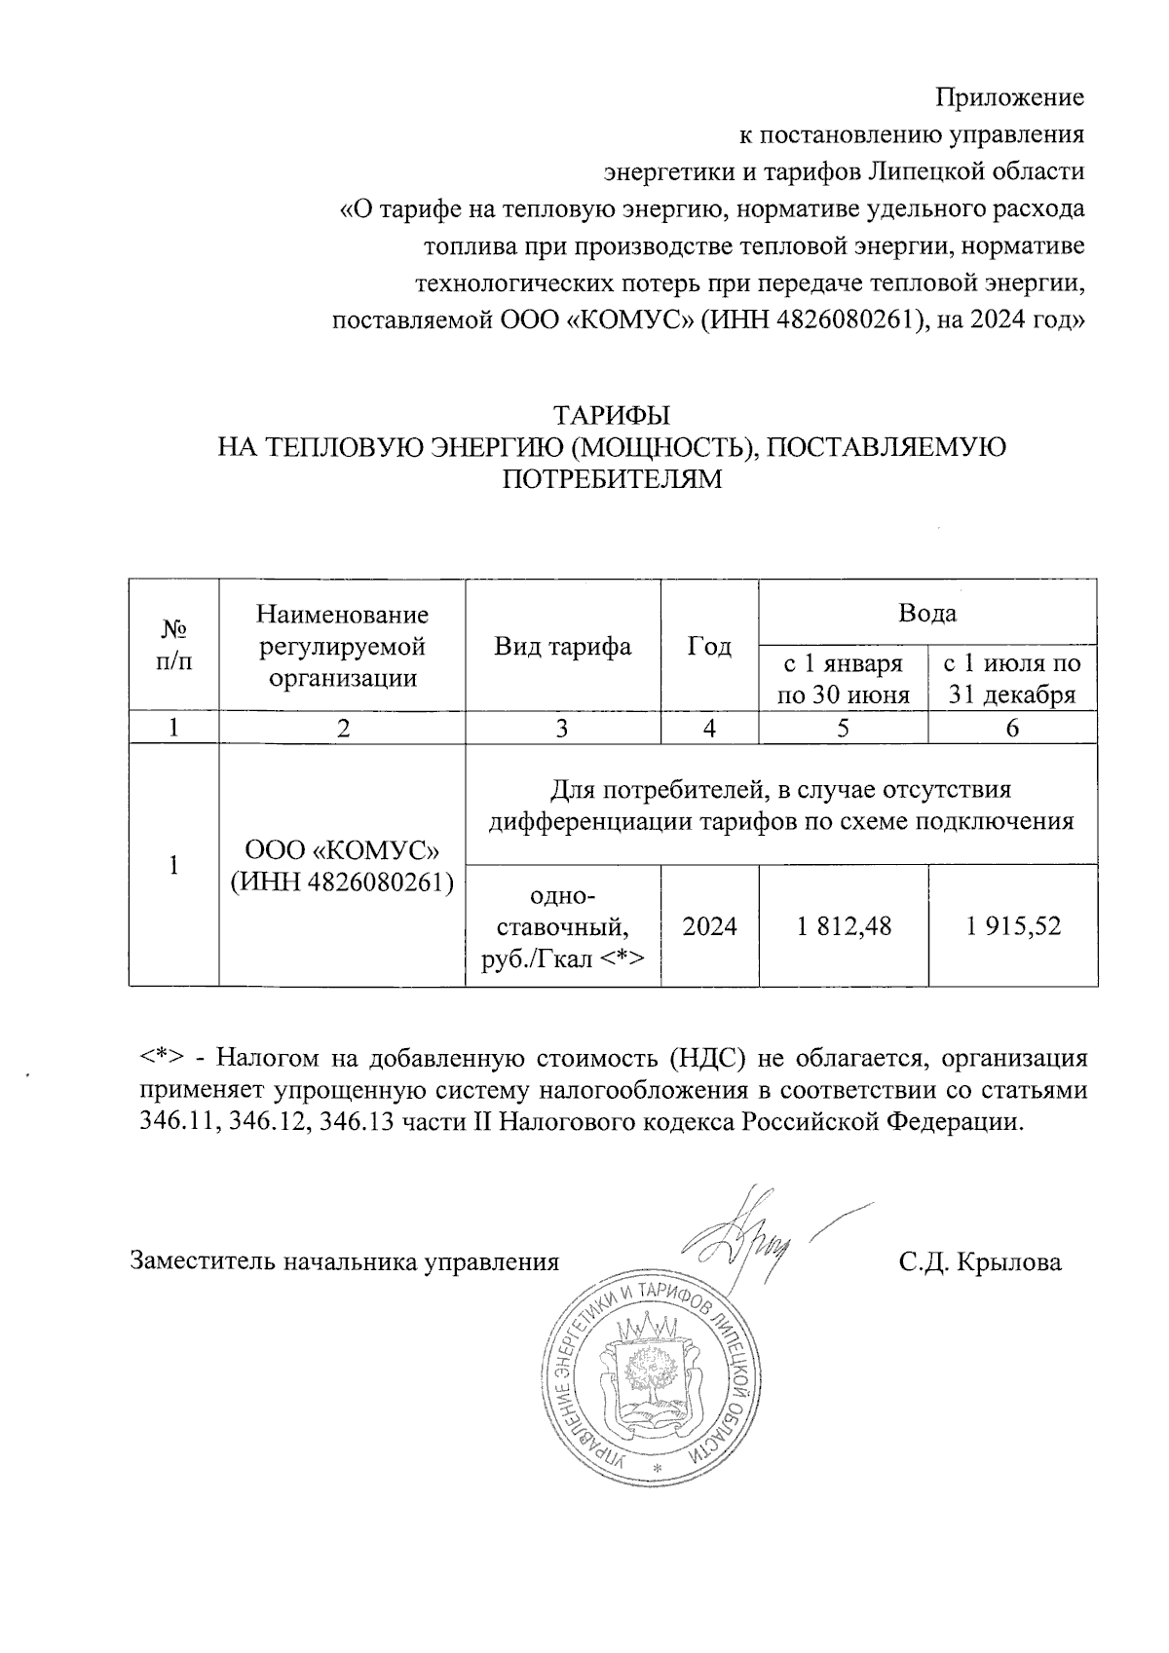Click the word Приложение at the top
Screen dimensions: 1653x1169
click(x=1009, y=97)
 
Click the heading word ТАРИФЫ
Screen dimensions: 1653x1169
click(x=612, y=415)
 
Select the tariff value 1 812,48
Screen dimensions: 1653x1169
click(x=844, y=925)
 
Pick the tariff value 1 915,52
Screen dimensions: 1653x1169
click(x=1013, y=925)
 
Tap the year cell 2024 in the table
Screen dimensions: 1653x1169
click(x=709, y=925)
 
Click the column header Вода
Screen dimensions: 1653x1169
click(x=927, y=613)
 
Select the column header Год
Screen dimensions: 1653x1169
click(x=709, y=646)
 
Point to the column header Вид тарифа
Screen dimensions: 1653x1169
click(x=562, y=646)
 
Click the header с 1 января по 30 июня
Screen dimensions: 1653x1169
click(x=844, y=679)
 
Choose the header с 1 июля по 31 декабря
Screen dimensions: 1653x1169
click(x=1013, y=679)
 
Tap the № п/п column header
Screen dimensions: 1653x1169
click(x=173, y=645)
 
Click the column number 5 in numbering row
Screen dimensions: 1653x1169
click(x=844, y=728)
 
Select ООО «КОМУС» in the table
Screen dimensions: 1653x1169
click(x=342, y=850)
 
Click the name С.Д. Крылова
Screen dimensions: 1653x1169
click(x=980, y=1262)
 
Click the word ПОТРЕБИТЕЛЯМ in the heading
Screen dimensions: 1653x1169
click(x=612, y=479)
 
